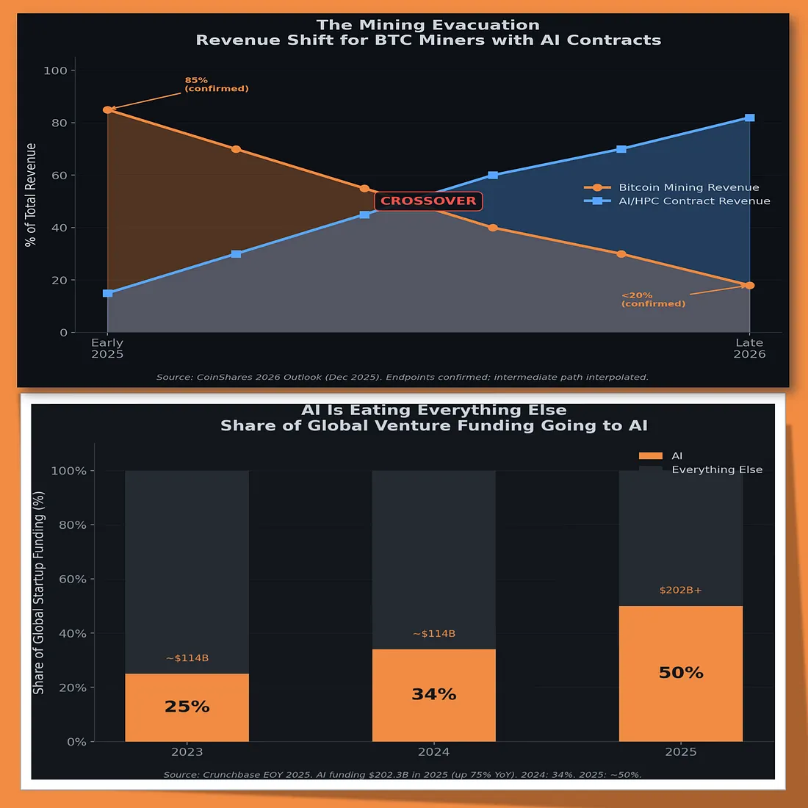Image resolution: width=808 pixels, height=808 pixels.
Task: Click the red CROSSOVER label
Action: pos(428,201)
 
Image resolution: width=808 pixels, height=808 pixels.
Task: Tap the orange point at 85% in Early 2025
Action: pos(107,109)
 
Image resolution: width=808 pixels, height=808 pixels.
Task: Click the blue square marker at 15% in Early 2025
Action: pos(107,293)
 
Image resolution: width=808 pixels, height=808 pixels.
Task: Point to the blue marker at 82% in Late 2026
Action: pos(749,118)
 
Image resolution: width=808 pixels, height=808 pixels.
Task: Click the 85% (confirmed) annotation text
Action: pos(216,84)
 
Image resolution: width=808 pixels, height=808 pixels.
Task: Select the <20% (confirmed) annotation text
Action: pos(653,300)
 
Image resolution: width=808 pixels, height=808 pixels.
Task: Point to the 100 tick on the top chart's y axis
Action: pos(55,71)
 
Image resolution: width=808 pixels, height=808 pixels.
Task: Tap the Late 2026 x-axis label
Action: pos(749,348)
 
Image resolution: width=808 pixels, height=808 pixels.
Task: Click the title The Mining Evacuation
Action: pos(428,25)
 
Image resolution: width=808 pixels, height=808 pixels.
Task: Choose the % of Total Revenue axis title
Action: pos(31,195)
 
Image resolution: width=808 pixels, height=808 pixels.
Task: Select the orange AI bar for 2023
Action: pos(187,707)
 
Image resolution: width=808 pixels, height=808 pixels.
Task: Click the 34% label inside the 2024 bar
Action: pos(433,694)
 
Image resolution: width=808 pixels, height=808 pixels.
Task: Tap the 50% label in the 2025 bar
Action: pos(681,673)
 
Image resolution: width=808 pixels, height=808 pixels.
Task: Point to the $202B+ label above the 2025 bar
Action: pos(680,590)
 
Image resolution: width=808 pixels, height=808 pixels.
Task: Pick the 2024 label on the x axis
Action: pos(433,751)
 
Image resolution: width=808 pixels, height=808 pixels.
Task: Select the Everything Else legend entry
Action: pos(716,469)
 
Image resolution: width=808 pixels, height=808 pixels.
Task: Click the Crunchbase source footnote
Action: pos(402,774)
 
